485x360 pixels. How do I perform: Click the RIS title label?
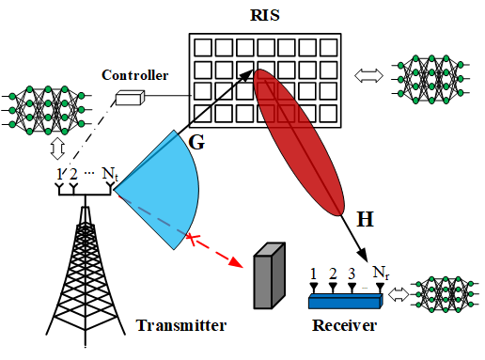pos(265,15)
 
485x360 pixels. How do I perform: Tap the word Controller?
pos(135,75)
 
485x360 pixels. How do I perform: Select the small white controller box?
pos(130,98)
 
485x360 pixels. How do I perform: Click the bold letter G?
pos(196,142)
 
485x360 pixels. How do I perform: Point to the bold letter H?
pos(365,219)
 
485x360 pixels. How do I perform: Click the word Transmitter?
pos(181,325)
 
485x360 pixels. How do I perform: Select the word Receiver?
pos(344,325)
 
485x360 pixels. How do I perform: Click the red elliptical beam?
pos(299,143)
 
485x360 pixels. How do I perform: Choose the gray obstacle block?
pos(269,275)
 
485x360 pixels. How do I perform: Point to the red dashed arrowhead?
pos(236,261)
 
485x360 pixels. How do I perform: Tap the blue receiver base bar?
pos(346,301)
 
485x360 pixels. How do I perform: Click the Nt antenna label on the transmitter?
pos(110,174)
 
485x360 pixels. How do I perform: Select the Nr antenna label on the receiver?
pos(381,273)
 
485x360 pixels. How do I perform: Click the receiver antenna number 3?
pos(352,274)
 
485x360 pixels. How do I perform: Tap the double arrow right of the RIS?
pos(368,76)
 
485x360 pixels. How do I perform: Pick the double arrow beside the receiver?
pos(399,295)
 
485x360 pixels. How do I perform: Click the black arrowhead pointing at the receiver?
pos(363,255)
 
